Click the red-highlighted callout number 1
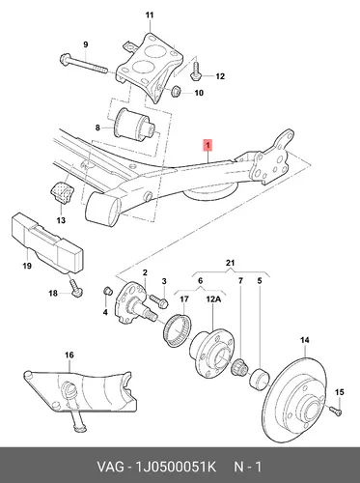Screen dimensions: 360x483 point(208,145)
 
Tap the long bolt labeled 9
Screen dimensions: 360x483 point(83,64)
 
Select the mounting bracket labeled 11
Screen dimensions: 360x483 point(150,67)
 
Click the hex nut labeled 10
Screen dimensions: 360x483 point(176,91)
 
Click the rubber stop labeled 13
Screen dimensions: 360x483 point(62,192)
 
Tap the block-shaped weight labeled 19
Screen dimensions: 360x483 point(48,240)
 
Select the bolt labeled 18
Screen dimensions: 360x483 point(76,287)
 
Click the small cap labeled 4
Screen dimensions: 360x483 point(107,290)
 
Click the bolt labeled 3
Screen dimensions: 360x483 point(159,300)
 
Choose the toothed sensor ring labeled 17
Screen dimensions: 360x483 point(178,330)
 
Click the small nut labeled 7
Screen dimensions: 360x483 point(239,367)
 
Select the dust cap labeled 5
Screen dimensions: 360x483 point(260,378)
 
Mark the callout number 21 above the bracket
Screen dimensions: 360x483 point(231,263)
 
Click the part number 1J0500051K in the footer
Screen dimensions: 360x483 point(177,467)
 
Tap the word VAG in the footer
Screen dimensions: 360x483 point(110,467)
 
